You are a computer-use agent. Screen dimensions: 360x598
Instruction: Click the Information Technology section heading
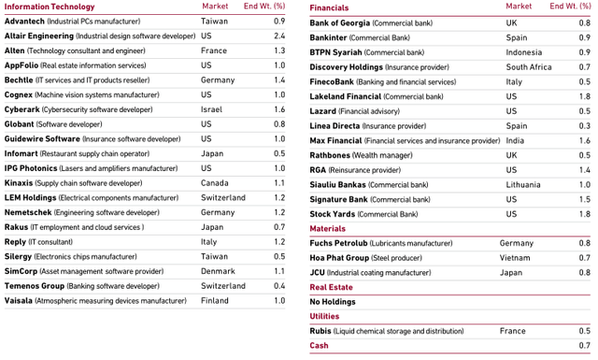[x=50, y=7]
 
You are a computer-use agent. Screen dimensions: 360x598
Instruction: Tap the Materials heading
[x=327, y=228]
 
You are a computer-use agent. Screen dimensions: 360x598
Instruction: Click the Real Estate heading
[x=331, y=287]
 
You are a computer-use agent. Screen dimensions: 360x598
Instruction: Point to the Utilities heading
[x=324, y=316]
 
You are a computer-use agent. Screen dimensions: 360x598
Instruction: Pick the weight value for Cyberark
[x=279, y=109]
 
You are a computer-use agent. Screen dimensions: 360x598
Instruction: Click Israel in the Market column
[x=211, y=109]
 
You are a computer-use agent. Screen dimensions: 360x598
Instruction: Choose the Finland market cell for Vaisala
[x=215, y=301]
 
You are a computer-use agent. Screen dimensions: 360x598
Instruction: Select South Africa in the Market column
[x=529, y=67]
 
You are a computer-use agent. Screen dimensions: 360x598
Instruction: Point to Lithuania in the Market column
[x=523, y=185]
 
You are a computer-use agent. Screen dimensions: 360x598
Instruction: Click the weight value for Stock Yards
[x=584, y=214]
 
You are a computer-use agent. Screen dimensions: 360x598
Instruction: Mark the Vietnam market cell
[x=515, y=258]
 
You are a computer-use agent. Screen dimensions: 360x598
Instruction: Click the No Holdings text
[x=332, y=302]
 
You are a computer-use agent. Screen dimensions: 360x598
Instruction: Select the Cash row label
[x=320, y=346]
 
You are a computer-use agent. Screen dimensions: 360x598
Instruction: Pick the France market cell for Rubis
[x=512, y=331]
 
